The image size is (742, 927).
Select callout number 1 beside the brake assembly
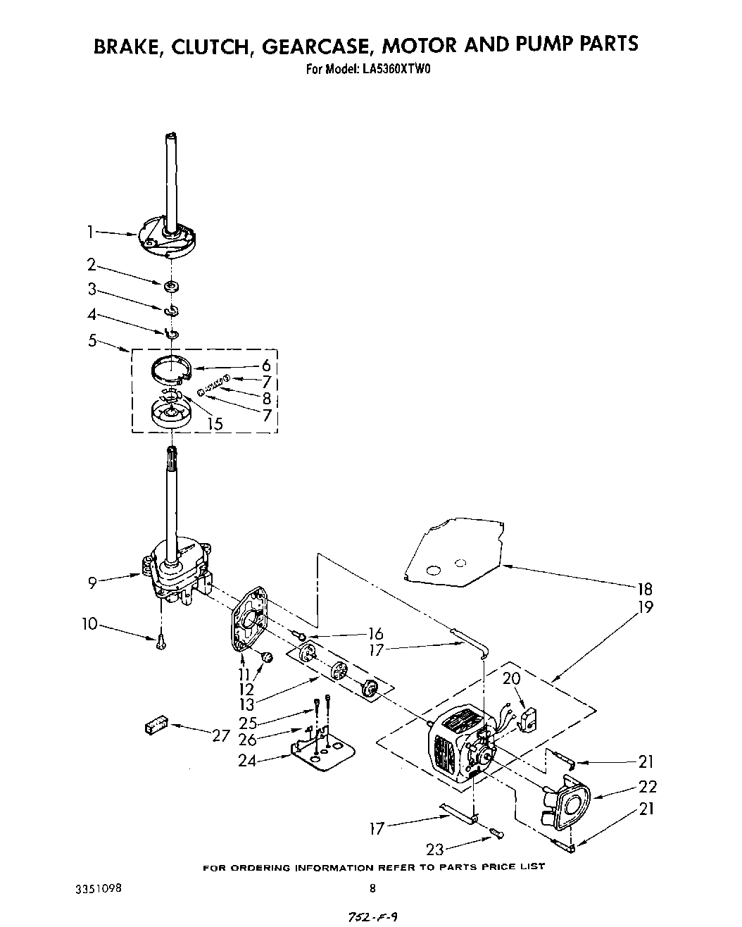pyautogui.click(x=90, y=230)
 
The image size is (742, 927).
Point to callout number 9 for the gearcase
pyautogui.click(x=92, y=582)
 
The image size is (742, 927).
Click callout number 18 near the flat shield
pyautogui.click(x=645, y=589)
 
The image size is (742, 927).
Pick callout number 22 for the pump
pyautogui.click(x=648, y=787)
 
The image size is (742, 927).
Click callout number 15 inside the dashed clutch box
pyautogui.click(x=214, y=423)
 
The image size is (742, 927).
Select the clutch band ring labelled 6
pyautogui.click(x=172, y=371)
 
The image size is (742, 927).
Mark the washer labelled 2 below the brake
pyautogui.click(x=171, y=286)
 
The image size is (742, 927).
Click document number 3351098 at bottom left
pyautogui.click(x=96, y=888)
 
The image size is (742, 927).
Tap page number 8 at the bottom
pyautogui.click(x=373, y=889)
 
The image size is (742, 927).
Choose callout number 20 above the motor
pyautogui.click(x=511, y=679)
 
